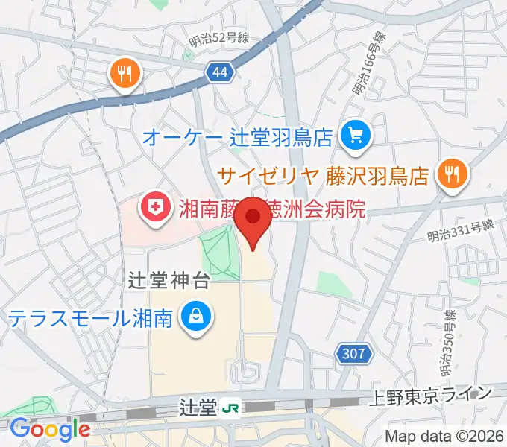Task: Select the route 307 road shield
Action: click(355, 353)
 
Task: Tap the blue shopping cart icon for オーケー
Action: click(354, 136)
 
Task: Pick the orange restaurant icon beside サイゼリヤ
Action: click(452, 174)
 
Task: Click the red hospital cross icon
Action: click(156, 206)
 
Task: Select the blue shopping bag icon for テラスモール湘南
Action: click(195, 317)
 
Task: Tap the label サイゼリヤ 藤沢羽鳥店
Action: click(324, 177)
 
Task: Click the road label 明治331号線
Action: click(462, 232)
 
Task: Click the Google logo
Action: click(50, 429)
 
